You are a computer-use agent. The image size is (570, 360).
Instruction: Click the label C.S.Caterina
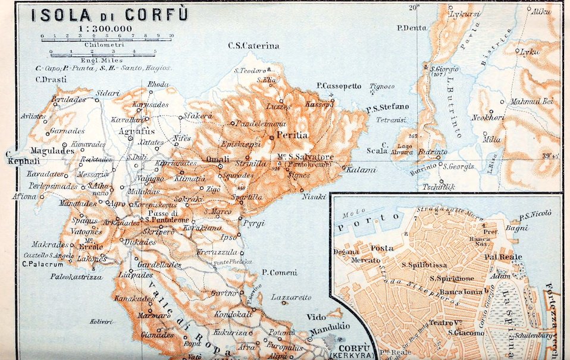click(253, 46)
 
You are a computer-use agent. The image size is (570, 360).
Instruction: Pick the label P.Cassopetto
click(339, 86)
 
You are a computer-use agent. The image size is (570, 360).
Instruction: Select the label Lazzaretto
click(292, 296)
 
